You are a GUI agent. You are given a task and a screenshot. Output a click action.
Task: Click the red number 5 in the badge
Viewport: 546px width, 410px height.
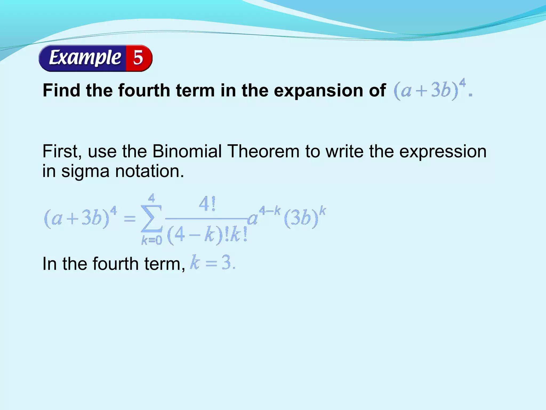pyautogui.click(x=138, y=58)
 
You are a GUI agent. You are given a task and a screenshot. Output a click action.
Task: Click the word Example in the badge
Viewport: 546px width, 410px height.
pyautogui.click(x=85, y=58)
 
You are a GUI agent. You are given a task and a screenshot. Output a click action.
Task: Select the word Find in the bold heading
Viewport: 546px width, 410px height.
pyautogui.click(x=61, y=90)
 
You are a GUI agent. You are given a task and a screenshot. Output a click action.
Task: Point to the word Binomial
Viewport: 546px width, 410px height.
pyautogui.click(x=187, y=151)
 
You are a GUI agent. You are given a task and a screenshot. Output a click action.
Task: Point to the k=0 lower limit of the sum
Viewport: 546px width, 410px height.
pyautogui.click(x=151, y=241)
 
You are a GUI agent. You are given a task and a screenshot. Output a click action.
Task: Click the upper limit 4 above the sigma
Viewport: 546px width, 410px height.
pyautogui.click(x=151, y=198)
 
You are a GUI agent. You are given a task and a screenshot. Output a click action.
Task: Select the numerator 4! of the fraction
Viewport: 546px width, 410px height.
pyautogui.click(x=207, y=204)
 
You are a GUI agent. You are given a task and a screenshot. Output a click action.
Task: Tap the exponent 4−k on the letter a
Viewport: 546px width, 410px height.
pyautogui.click(x=270, y=211)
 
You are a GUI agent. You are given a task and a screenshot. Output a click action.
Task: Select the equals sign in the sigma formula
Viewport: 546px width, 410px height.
pyautogui.click(x=130, y=219)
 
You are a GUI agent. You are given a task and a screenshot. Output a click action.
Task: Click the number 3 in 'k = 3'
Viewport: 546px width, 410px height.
pyautogui.click(x=226, y=263)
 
